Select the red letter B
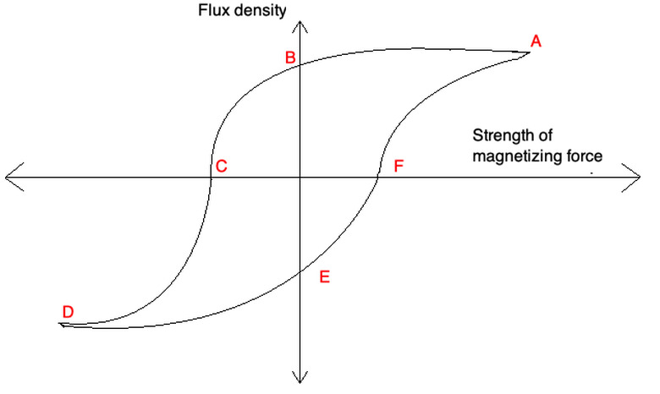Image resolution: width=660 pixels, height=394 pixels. (289, 57)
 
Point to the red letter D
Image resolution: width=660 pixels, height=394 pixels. (68, 311)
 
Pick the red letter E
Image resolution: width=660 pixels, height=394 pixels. (324, 276)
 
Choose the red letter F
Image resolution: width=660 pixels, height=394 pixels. (398, 166)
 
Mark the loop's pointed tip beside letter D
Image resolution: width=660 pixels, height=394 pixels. (61, 324)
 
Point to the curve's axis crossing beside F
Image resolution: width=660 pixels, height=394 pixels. (377, 177)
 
